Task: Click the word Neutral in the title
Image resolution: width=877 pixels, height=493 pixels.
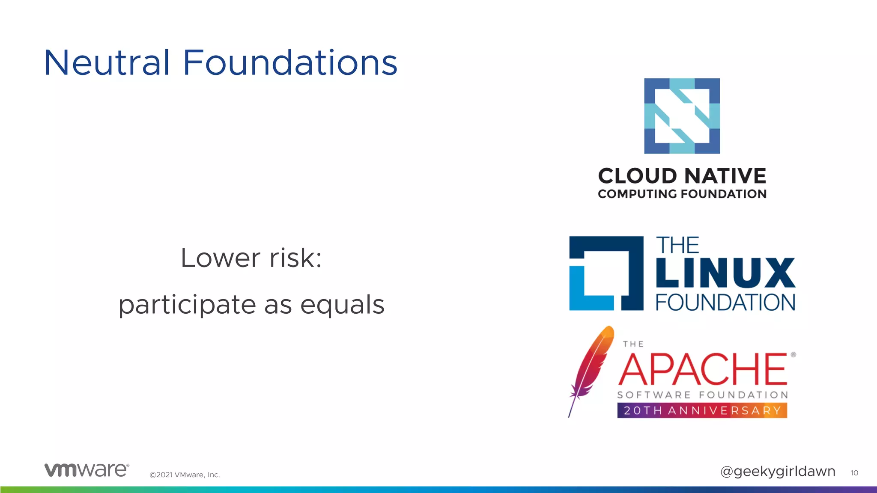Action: [x=107, y=63]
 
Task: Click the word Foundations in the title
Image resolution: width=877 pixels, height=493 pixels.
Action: [x=290, y=63]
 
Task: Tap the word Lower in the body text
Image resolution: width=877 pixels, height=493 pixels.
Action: [x=220, y=258]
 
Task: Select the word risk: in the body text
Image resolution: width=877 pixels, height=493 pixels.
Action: [x=295, y=258]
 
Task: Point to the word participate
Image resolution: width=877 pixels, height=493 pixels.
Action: [x=187, y=305]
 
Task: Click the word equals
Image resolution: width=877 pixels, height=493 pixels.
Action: [x=342, y=304]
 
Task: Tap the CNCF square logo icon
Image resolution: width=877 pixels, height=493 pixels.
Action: [x=682, y=116]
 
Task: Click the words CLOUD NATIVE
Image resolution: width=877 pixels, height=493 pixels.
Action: [x=682, y=176]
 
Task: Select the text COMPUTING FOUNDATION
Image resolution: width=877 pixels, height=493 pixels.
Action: [x=682, y=194]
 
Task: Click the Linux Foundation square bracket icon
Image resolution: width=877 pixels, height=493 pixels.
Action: [x=606, y=273]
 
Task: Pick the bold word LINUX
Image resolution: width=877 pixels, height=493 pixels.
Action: [x=725, y=273]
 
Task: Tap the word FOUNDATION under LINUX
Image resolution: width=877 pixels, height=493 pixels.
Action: [x=725, y=302]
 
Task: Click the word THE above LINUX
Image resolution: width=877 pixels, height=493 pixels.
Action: [x=677, y=246]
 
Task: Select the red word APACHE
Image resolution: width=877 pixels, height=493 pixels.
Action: [x=702, y=369]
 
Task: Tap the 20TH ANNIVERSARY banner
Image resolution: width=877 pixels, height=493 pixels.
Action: [x=702, y=410]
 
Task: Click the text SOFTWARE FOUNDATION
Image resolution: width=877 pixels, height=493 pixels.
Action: [x=702, y=395]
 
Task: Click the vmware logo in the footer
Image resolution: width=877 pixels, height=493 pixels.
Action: [x=87, y=469]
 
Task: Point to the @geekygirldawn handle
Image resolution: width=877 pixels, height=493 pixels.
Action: [x=777, y=471]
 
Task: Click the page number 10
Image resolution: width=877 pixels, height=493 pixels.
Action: [x=854, y=472]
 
